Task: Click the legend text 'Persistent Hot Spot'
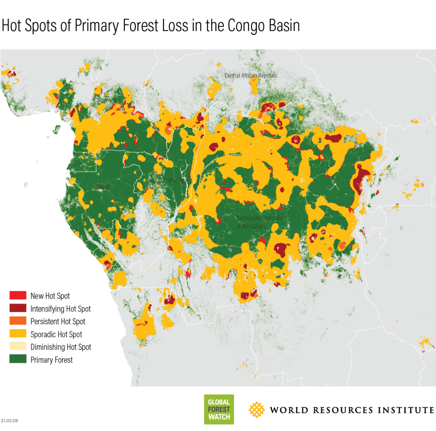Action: click(57, 322)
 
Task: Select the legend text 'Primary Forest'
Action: click(52, 360)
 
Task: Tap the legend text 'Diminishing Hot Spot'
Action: click(60, 347)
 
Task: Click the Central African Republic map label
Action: click(251, 75)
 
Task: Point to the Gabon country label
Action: click(103, 186)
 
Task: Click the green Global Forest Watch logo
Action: click(219, 409)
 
